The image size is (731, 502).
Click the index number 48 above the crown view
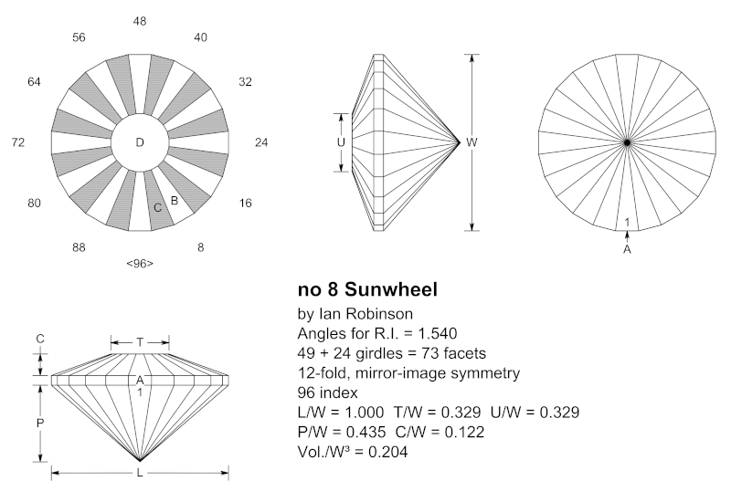tap(140, 20)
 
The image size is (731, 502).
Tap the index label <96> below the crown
tap(140, 264)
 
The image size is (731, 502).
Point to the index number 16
tap(245, 203)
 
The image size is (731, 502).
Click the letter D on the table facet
tap(140, 142)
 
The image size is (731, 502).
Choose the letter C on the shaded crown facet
tap(158, 208)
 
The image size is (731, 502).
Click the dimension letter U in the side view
tap(342, 142)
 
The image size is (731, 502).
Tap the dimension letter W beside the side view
tap(471, 143)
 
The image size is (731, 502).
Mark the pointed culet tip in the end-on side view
tap(459, 142)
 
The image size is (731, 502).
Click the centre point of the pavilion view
tap(627, 142)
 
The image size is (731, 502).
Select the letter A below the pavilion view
tap(627, 247)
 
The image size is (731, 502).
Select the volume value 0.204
tap(384, 452)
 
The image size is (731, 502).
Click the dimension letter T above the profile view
tap(140, 342)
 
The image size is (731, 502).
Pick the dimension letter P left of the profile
tap(39, 423)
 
